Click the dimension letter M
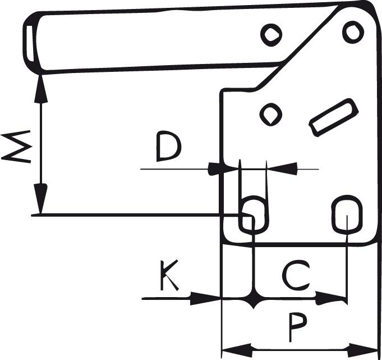pyautogui.click(x=16, y=148)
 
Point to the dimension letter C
pyautogui.click(x=294, y=276)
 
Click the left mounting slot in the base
pyautogui.click(x=254, y=213)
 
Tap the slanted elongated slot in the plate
pyautogui.click(x=334, y=117)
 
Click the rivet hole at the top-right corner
pyautogui.click(x=353, y=31)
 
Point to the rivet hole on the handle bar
pyautogui.click(x=271, y=35)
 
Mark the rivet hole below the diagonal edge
pyautogui.click(x=271, y=115)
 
